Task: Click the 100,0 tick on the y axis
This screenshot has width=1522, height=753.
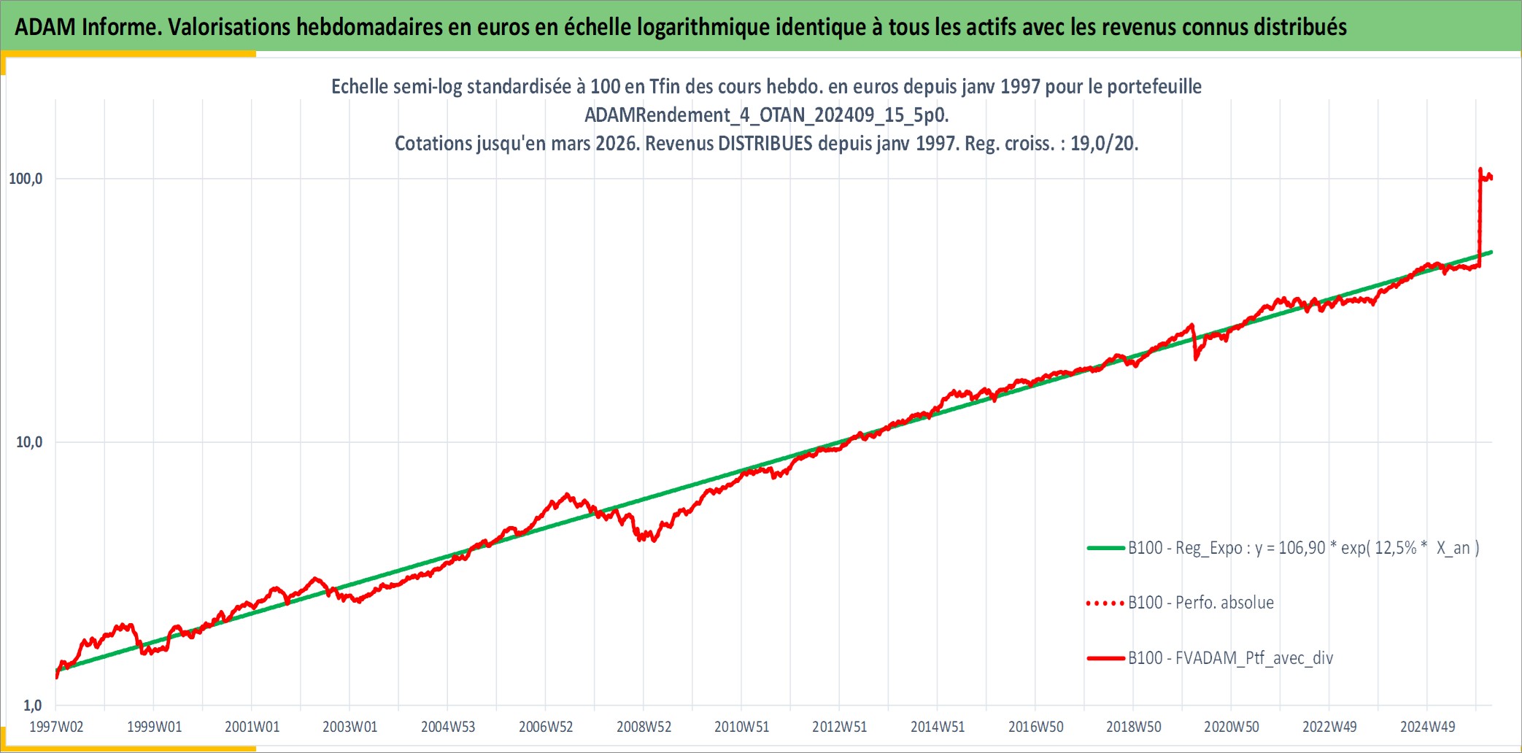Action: tap(26, 179)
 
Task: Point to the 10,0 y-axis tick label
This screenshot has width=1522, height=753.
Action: tap(29, 442)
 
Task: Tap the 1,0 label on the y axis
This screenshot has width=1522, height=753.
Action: tap(33, 706)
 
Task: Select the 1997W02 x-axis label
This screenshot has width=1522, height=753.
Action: tap(56, 727)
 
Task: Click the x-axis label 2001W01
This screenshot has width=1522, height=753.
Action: tap(252, 727)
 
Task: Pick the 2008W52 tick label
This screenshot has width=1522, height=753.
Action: tap(644, 727)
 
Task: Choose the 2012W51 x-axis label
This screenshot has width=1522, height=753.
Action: tap(840, 727)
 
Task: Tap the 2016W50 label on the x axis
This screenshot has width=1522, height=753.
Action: tap(1035, 727)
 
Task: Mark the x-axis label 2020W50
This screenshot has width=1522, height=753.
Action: tap(1232, 727)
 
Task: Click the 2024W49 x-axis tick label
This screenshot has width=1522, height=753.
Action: tap(1427, 727)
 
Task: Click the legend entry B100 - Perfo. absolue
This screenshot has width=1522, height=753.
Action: tap(1201, 603)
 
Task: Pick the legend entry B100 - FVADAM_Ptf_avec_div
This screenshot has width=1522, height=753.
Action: tap(1231, 658)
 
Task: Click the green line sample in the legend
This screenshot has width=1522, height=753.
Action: tap(1105, 548)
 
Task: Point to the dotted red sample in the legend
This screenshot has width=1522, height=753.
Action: tap(1105, 603)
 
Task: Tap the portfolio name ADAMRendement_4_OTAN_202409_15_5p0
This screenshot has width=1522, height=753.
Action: tap(766, 115)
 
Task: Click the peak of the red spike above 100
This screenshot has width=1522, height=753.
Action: tap(1480, 169)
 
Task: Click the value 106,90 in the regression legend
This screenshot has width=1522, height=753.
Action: tap(1302, 548)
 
